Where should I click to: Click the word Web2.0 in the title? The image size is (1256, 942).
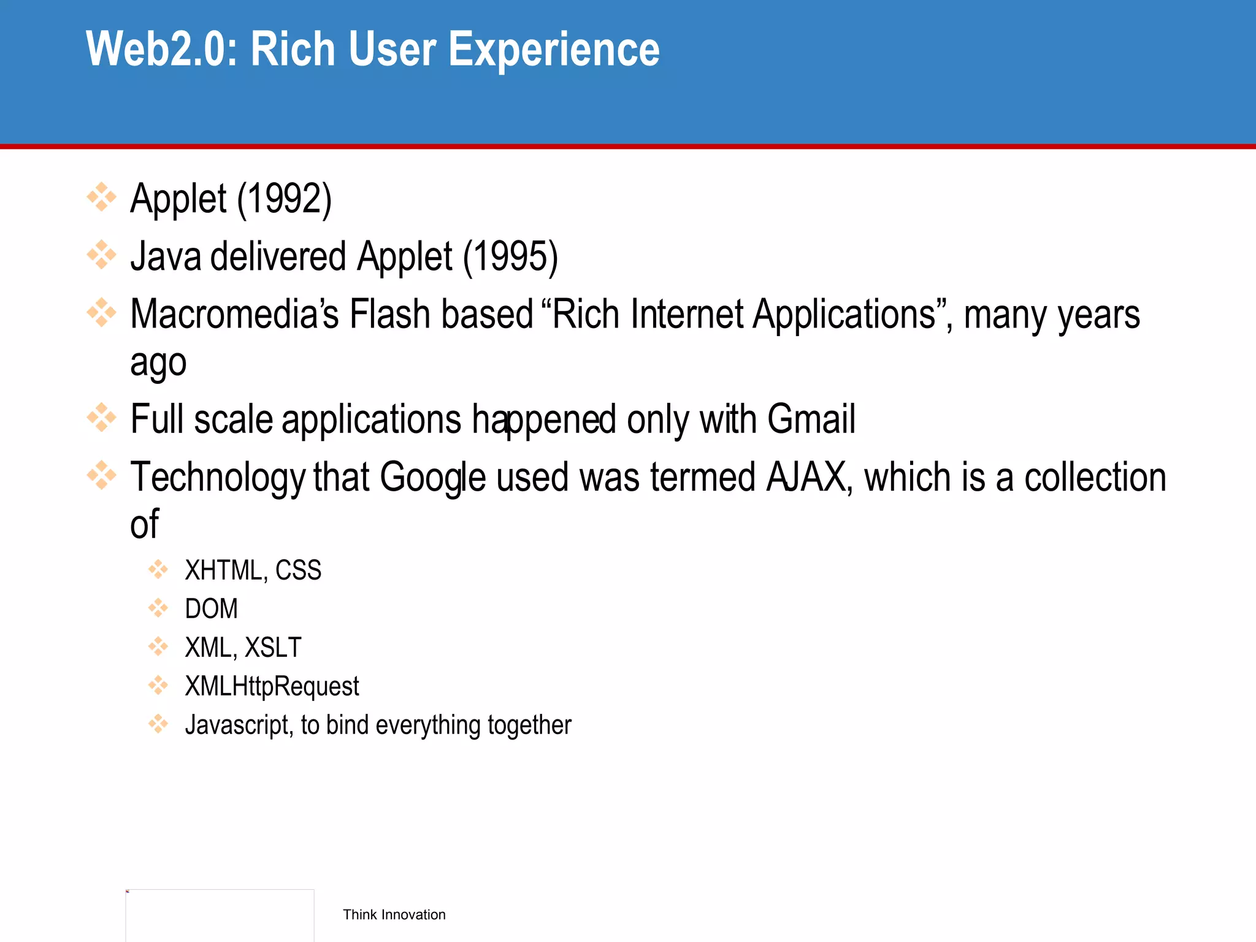(x=163, y=49)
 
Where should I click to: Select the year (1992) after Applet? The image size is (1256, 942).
(x=285, y=199)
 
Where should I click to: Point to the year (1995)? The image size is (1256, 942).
(x=510, y=256)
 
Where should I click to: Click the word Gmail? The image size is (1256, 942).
(x=811, y=419)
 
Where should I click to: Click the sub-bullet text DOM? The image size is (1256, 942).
(x=211, y=609)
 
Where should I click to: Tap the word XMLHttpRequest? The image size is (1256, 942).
(x=272, y=686)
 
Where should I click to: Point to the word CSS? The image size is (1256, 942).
(x=298, y=570)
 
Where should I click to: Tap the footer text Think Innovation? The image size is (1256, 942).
(x=394, y=914)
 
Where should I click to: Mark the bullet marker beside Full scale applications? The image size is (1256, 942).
(x=101, y=418)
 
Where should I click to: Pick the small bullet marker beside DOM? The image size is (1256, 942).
(x=158, y=608)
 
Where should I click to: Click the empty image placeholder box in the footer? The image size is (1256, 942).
(x=220, y=915)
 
